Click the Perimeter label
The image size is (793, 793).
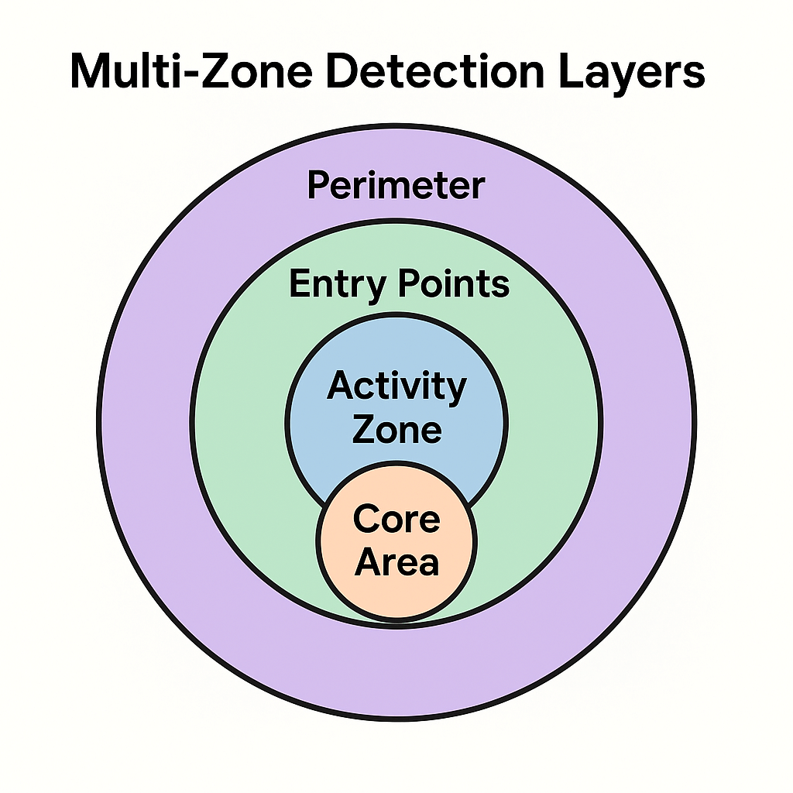pos(396,186)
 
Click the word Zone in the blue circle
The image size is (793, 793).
pos(396,429)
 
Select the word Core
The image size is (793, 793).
pos(396,519)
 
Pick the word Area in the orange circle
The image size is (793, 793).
pos(396,562)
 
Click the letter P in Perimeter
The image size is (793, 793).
pos(318,186)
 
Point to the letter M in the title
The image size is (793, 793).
pos(90,71)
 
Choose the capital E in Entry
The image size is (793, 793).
pos(299,284)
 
